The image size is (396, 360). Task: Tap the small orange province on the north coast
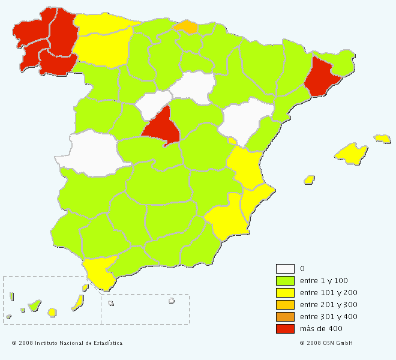[187, 26]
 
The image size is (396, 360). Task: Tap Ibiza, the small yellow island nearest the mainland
[310, 179]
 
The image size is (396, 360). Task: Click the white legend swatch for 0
[285, 268]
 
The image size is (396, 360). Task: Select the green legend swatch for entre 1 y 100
[285, 280]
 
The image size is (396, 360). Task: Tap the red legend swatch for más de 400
[285, 328]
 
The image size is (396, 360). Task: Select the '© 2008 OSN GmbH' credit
[326, 343]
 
